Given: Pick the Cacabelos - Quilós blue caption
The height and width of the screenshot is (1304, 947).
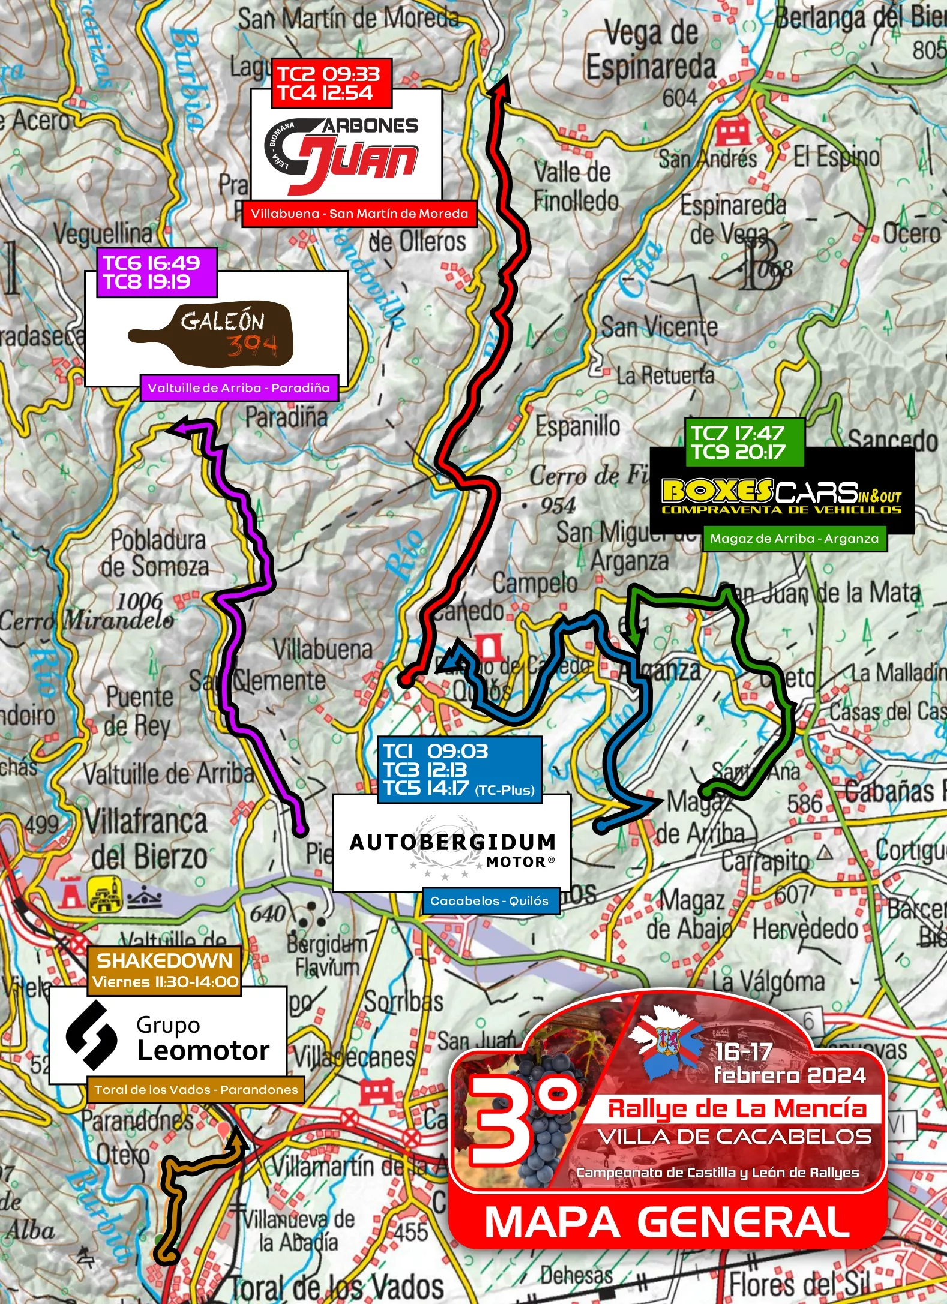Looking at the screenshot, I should pyautogui.click(x=490, y=901).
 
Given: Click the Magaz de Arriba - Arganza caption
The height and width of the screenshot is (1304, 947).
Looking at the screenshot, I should pyautogui.click(x=794, y=539).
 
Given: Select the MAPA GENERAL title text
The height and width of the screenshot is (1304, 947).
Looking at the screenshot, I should pyautogui.click(x=667, y=1222).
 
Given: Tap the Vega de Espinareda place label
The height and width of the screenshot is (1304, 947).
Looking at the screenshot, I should pyautogui.click(x=651, y=50).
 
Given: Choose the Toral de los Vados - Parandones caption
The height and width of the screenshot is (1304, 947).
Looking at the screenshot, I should pyautogui.click(x=196, y=1089).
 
